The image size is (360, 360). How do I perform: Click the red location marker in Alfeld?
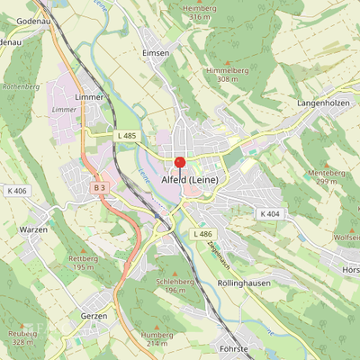[179, 163]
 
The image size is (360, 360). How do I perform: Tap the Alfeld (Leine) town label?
[195, 180]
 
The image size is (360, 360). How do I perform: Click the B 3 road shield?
[99, 187]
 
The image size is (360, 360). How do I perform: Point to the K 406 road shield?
[16, 191]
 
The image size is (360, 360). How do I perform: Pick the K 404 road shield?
[269, 213]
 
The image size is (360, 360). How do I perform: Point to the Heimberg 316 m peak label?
[201, 12]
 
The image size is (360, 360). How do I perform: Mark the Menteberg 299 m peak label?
[327, 176]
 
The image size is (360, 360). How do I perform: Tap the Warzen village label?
[34, 230]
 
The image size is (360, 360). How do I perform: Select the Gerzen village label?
[94, 316]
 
